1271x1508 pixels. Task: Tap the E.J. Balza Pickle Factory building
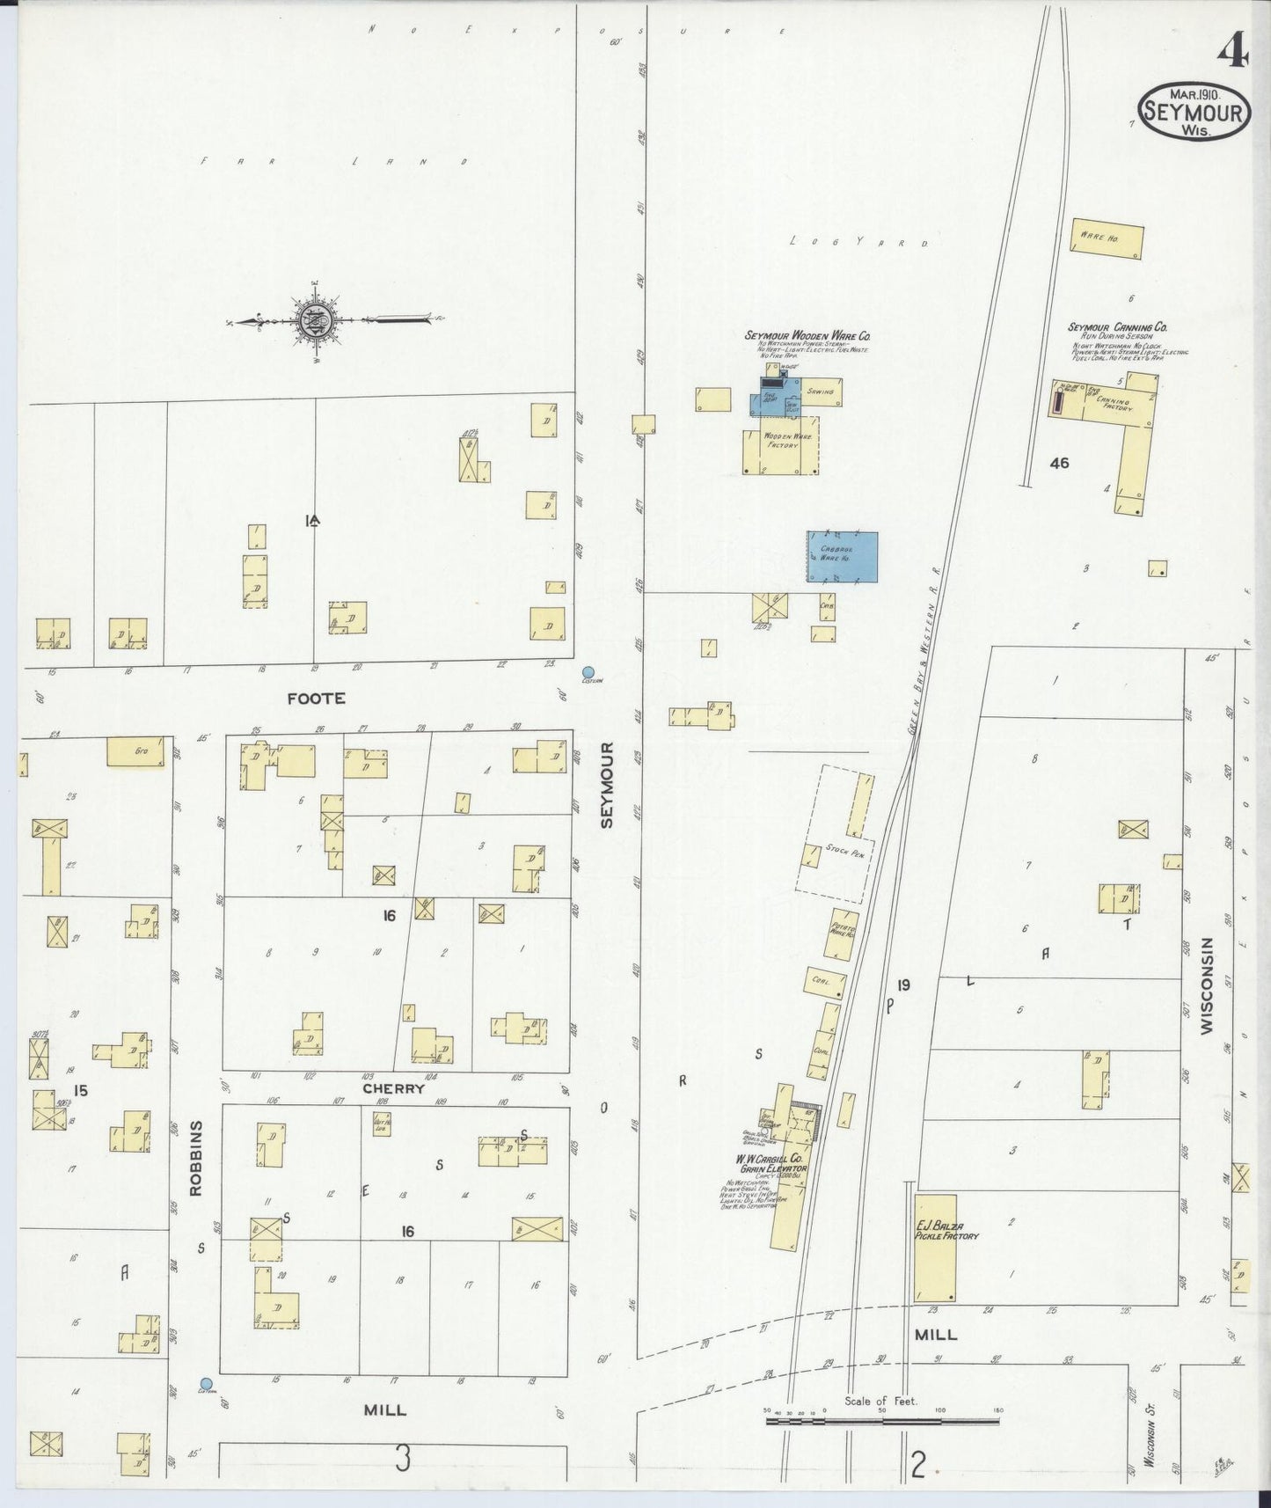pos(935,1248)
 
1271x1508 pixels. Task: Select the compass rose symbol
pos(314,320)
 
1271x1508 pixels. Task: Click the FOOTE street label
pos(316,699)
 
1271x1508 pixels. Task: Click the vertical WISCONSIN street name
pos(1206,985)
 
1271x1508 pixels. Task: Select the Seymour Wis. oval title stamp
pos(1194,111)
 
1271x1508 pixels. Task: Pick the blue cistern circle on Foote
pos(588,671)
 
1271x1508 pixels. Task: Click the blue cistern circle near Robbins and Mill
pos(207,1384)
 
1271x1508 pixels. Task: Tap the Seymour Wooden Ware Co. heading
pos(807,335)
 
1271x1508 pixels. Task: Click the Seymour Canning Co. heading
pos(1117,327)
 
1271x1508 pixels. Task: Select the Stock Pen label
pos(843,851)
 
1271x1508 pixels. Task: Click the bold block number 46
pos(1059,463)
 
